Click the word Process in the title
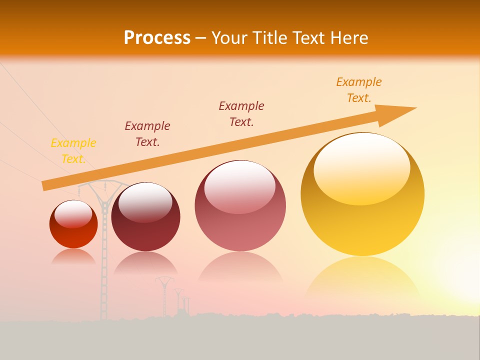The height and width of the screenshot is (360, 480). pyautogui.click(x=157, y=38)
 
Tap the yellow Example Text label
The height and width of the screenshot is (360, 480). pyautogui.click(x=73, y=151)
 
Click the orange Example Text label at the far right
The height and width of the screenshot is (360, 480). pyautogui.click(x=358, y=90)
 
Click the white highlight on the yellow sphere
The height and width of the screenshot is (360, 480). pyautogui.click(x=362, y=167)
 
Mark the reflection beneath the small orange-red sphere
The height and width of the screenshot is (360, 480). pyautogui.click(x=73, y=256)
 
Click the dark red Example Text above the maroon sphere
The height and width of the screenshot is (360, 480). pyautogui.click(x=147, y=134)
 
